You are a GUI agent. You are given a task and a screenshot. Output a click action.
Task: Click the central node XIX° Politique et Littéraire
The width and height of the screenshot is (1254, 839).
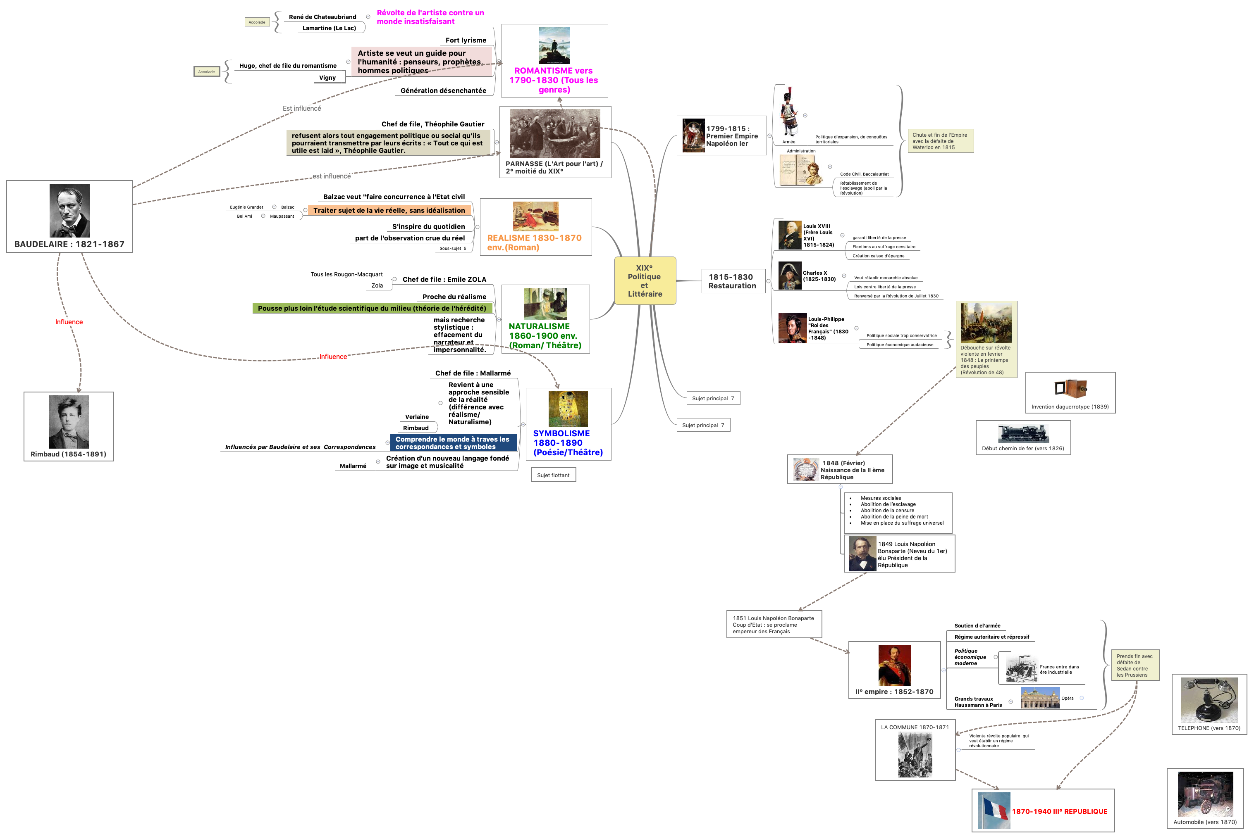pyautogui.click(x=645, y=281)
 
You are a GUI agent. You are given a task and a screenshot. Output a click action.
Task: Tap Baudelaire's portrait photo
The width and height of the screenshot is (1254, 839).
pyautogui.click(x=69, y=211)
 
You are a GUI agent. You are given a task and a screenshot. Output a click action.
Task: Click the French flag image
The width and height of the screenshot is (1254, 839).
pyautogui.click(x=994, y=810)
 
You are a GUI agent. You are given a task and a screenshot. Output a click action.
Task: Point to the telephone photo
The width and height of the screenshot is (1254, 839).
pyautogui.click(x=1209, y=699)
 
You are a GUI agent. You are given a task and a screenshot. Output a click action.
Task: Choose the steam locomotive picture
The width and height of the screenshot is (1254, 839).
pyautogui.click(x=1023, y=433)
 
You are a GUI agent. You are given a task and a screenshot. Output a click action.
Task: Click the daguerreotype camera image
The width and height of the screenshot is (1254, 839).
pyautogui.click(x=1070, y=388)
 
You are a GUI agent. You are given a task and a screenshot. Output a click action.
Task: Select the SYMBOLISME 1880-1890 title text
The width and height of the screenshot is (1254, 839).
pyautogui.click(x=568, y=443)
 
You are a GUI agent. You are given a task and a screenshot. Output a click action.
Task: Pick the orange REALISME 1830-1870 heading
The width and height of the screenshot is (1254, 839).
pyautogui.click(x=534, y=242)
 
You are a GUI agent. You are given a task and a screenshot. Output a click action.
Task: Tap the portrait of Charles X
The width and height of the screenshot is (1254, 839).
pyautogui.click(x=790, y=276)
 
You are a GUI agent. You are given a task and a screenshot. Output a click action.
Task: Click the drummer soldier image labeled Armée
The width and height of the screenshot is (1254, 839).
pyautogui.click(x=789, y=112)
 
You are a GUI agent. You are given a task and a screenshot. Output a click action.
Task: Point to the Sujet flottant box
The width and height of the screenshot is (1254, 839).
pyautogui.click(x=553, y=475)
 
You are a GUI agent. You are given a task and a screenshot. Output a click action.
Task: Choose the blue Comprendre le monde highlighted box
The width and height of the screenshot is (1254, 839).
pyautogui.click(x=453, y=443)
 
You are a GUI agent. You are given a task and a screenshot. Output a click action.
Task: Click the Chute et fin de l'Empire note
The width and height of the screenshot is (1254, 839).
pyautogui.click(x=940, y=141)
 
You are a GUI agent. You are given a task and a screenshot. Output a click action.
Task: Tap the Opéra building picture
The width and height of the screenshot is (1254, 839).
pyautogui.click(x=1040, y=698)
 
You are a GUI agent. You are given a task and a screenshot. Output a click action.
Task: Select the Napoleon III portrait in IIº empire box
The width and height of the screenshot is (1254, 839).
pyautogui.click(x=894, y=665)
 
